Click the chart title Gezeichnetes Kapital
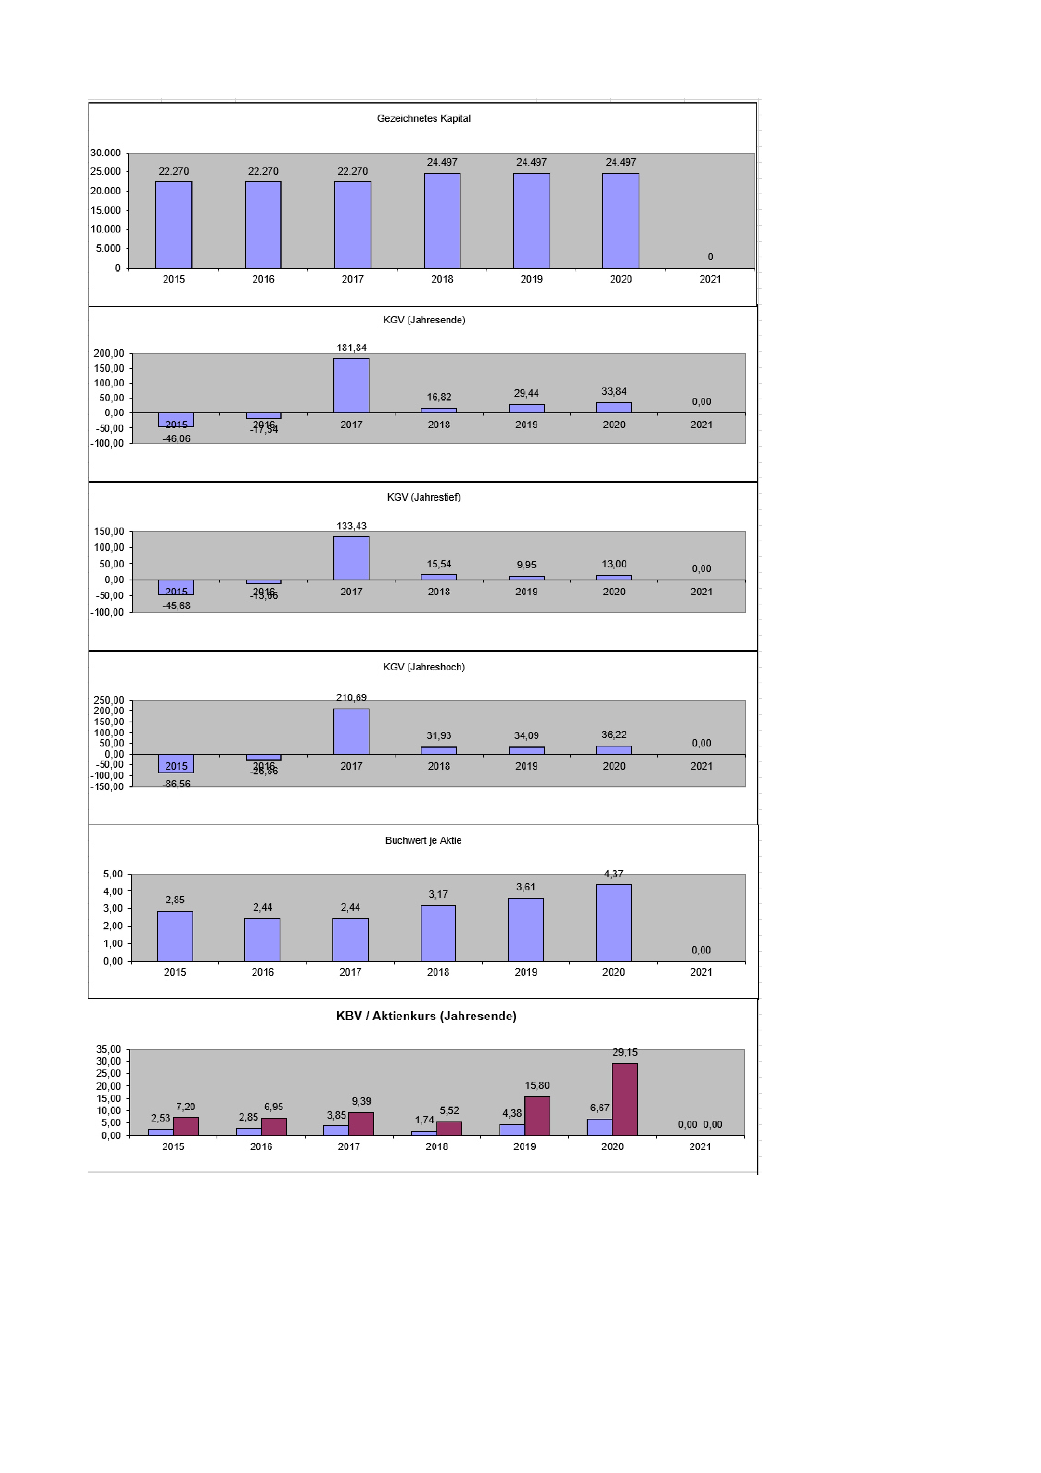click(x=423, y=119)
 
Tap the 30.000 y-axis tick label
click(x=106, y=153)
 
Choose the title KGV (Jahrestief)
click(x=423, y=497)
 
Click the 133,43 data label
click(x=352, y=526)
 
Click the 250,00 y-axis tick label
click(x=109, y=700)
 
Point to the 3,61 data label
click(x=526, y=887)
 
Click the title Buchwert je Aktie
click(x=423, y=840)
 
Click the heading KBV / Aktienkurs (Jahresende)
click(x=426, y=1016)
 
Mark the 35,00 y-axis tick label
click(x=108, y=1050)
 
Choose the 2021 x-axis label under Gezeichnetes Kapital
click(x=710, y=279)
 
